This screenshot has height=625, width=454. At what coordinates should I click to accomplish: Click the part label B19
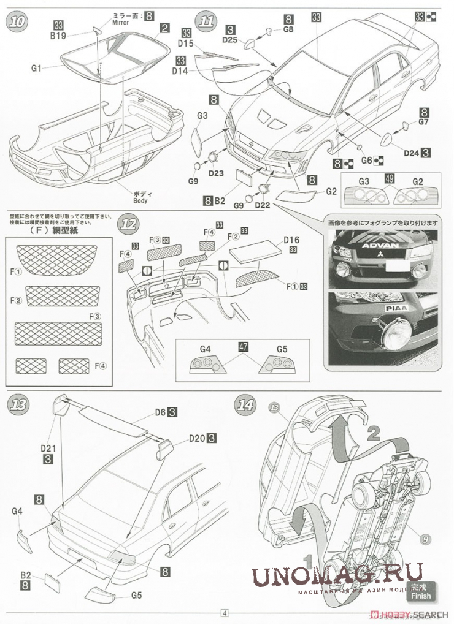(x=58, y=36)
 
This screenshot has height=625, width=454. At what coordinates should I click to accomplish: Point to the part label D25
(x=229, y=40)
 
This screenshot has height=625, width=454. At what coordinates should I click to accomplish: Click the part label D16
(x=291, y=240)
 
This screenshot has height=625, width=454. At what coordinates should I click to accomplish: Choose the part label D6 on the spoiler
(x=160, y=412)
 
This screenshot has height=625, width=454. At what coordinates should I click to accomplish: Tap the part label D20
(x=196, y=438)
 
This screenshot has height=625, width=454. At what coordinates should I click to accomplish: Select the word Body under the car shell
(x=140, y=200)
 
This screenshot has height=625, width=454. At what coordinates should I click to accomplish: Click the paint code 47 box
(x=244, y=347)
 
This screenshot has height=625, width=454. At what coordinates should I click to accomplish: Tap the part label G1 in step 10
(x=35, y=68)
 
